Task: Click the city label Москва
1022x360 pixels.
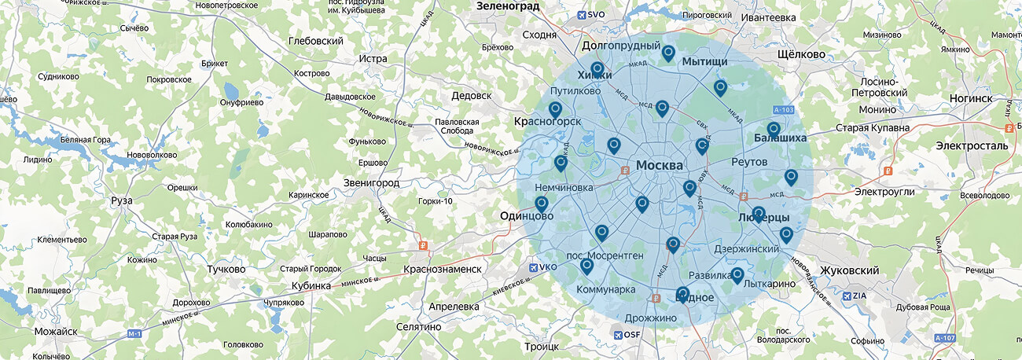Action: [659, 165]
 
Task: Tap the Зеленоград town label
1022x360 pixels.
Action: [508, 6]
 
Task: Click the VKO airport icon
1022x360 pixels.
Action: [534, 268]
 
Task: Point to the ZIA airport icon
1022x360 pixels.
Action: [847, 296]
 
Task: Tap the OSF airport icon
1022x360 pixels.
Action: [616, 335]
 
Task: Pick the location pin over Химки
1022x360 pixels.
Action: [597, 70]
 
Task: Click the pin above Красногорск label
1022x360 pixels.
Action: [555, 109]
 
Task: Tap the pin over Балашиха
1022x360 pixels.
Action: [774, 129]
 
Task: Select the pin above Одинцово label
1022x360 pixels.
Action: [541, 204]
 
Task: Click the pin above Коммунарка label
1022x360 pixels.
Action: [586, 266]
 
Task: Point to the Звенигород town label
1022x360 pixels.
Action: [371, 183]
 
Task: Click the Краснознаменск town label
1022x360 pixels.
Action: [442, 270]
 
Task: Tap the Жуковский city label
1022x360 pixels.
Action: [849, 270]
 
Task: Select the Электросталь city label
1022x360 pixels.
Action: [972, 146]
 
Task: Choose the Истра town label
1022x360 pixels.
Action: [373, 59]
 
